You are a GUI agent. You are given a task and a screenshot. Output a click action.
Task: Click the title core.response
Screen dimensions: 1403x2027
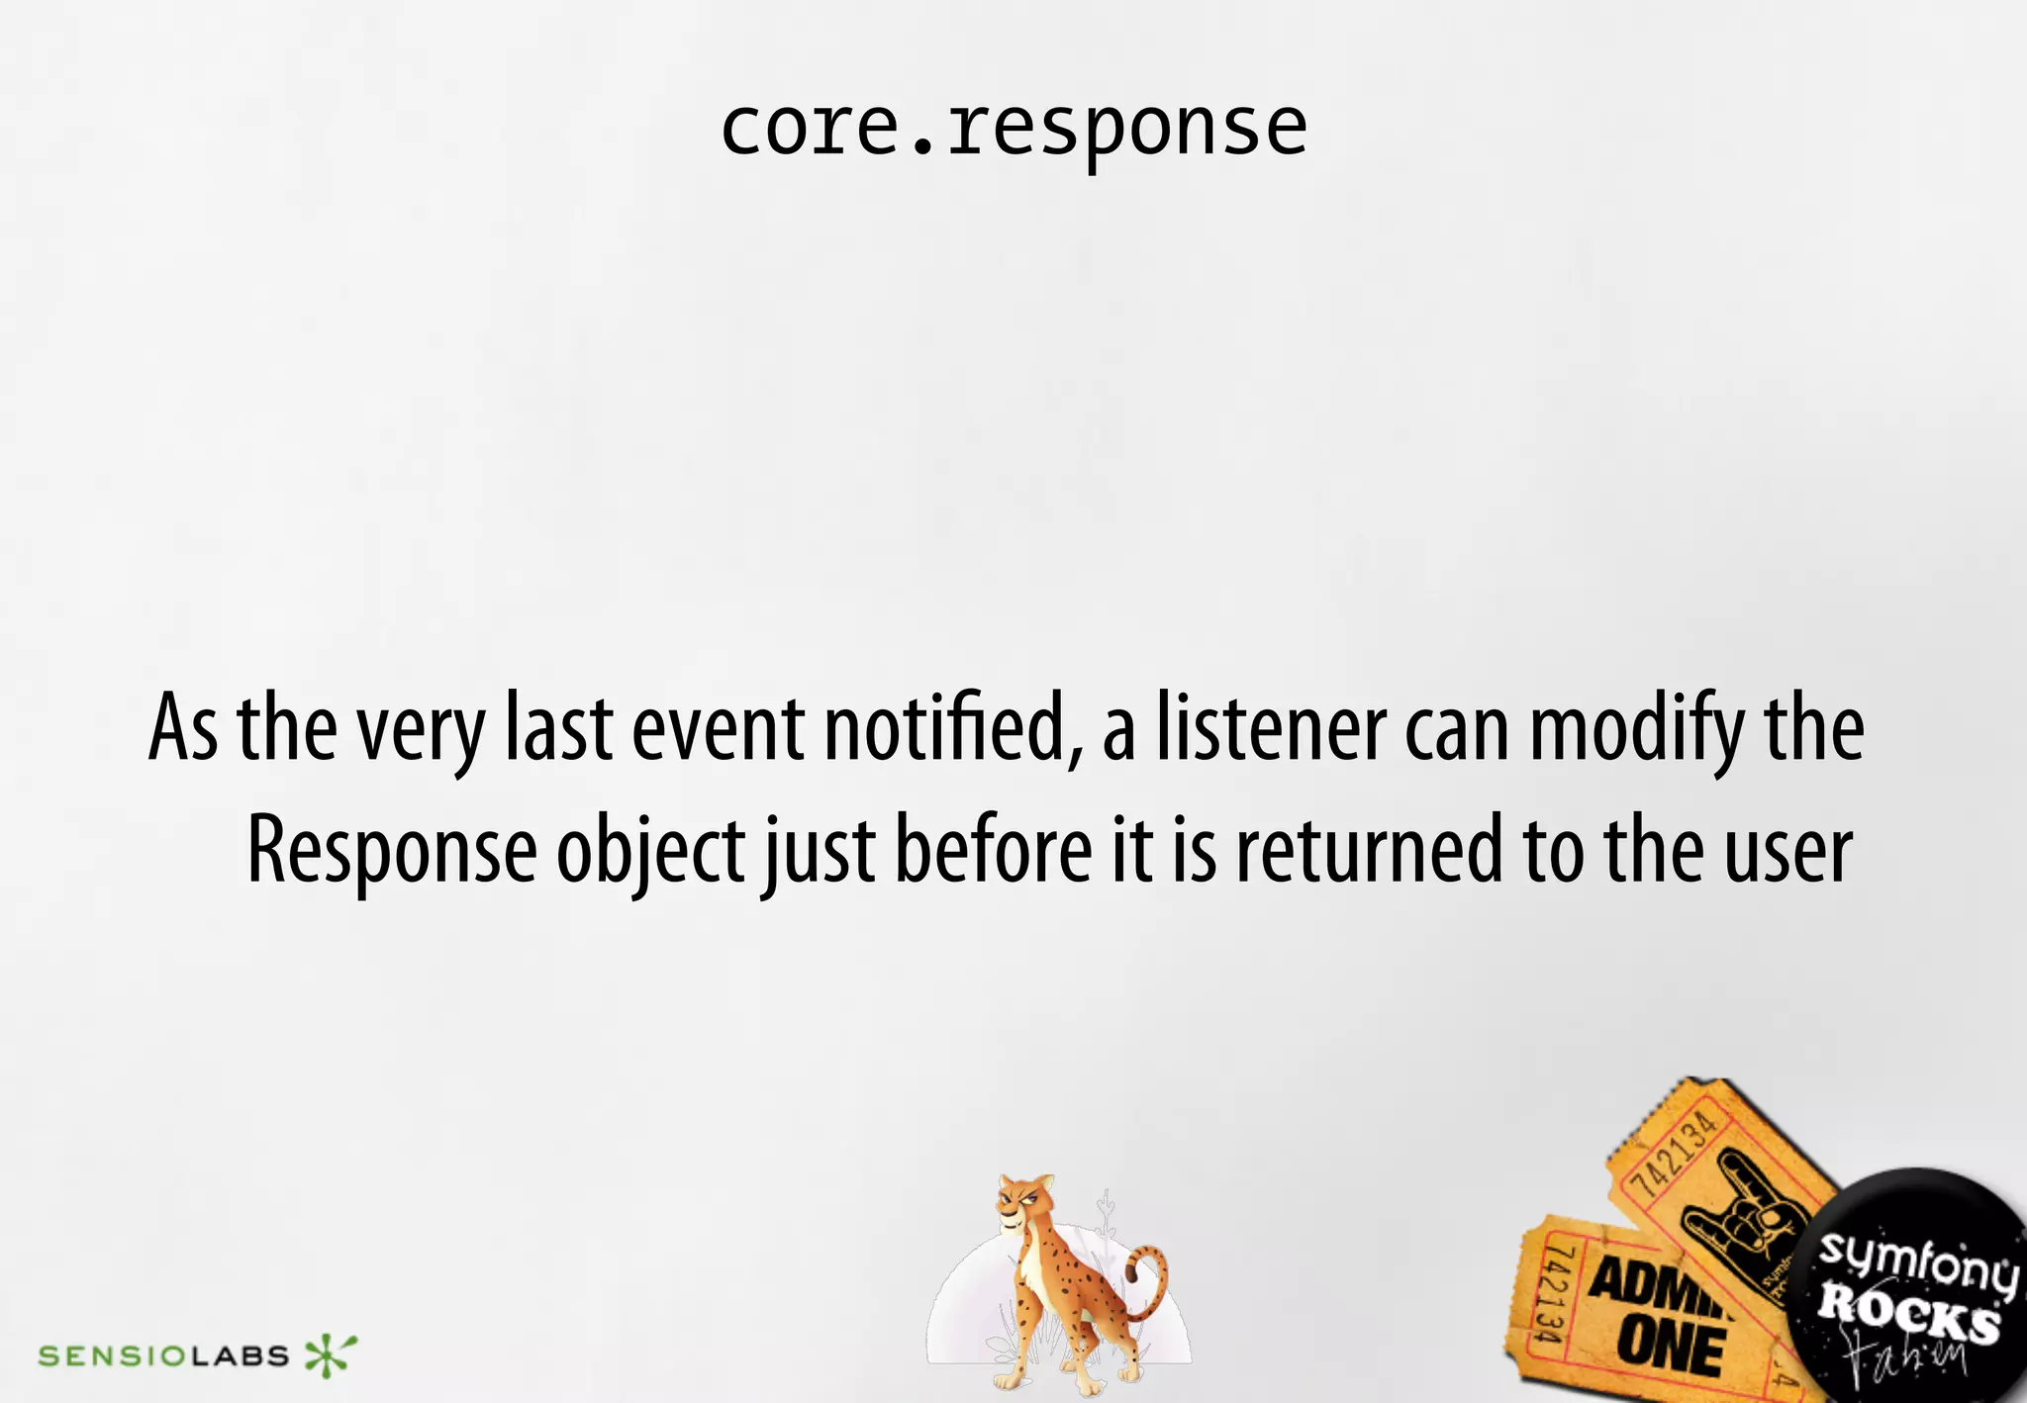point(1013,129)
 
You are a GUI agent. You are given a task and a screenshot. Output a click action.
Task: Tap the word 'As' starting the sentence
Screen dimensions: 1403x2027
point(183,729)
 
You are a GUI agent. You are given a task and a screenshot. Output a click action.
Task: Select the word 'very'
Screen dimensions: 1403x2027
point(421,732)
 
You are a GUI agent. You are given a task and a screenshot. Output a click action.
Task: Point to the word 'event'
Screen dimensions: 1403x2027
point(718,729)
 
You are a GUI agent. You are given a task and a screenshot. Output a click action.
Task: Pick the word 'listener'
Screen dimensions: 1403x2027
point(1272,729)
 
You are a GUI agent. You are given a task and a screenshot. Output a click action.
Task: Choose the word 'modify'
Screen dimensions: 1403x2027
point(1638,732)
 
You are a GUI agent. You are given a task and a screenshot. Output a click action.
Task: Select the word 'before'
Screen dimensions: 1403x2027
point(993,849)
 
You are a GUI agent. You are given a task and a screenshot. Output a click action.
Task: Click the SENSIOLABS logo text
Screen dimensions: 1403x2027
point(163,1356)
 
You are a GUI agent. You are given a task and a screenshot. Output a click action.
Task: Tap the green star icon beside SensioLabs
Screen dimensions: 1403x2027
point(331,1354)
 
